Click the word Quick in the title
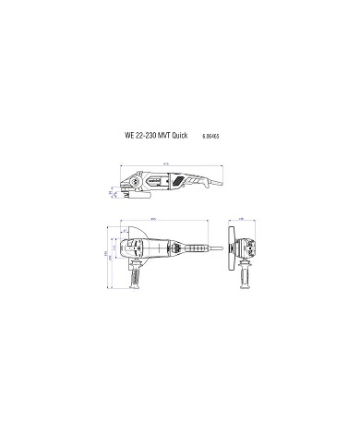177,134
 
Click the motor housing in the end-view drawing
247,248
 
